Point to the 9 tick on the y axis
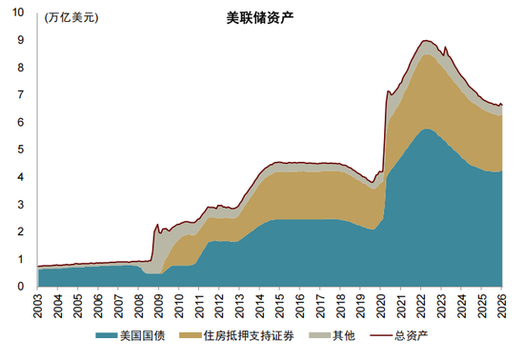click(x=21, y=40)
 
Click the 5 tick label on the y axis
click(x=21, y=150)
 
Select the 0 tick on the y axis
click(x=21, y=286)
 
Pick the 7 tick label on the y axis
click(x=21, y=95)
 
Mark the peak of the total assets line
click(x=426, y=41)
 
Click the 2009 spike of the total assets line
click(x=157, y=225)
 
